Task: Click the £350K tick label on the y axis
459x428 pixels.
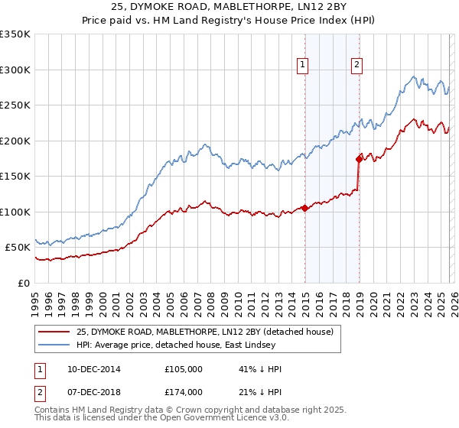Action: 15,34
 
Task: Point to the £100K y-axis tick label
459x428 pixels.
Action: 15,212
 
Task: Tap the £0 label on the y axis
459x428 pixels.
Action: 24,283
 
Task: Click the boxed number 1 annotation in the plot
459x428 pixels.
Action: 304,66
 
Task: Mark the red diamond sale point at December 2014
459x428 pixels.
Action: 304,208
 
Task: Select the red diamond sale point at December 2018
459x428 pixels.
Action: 359,159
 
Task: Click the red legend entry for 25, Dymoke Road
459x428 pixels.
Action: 204,332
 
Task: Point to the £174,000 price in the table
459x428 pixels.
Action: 184,392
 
